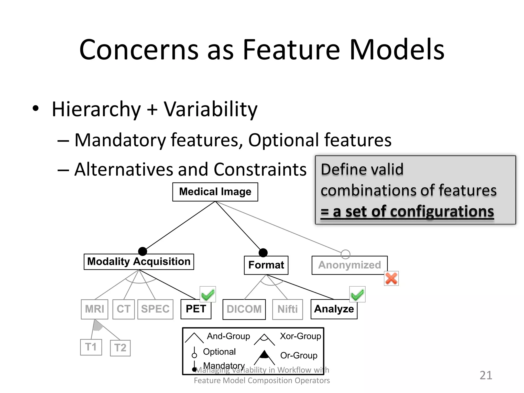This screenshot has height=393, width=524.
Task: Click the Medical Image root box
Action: click(215, 192)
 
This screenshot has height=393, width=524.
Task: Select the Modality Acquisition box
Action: click(139, 262)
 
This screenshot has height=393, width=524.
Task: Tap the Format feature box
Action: click(266, 265)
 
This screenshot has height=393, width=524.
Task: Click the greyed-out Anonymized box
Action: click(350, 265)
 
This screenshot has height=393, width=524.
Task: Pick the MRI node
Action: click(94, 309)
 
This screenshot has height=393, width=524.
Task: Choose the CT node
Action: click(124, 309)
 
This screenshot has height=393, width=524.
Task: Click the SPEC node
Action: click(155, 309)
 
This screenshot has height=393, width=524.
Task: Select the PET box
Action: click(196, 309)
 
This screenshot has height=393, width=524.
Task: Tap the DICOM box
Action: click(244, 309)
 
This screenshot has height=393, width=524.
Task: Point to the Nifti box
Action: click(288, 309)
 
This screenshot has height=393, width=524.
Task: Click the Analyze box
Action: click(334, 309)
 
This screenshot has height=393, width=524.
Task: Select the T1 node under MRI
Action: click(91, 347)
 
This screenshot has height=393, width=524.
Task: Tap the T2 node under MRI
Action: click(120, 348)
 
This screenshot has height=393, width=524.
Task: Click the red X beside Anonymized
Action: click(391, 278)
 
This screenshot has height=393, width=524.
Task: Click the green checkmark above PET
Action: click(208, 294)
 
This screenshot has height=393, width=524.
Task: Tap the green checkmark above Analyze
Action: click(357, 294)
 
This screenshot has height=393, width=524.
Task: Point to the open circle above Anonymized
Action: click(345, 254)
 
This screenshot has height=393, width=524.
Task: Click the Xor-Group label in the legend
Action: click(300, 336)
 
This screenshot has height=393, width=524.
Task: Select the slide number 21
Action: click(486, 375)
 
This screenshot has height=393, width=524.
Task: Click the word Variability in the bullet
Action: click(210, 109)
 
